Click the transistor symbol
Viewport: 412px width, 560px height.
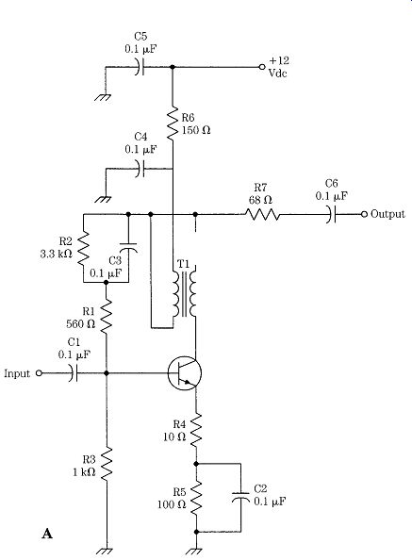(x=185, y=373)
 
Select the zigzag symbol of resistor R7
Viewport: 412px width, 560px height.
(x=262, y=214)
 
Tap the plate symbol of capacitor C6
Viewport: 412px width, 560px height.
(x=331, y=214)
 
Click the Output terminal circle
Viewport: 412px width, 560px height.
(x=364, y=214)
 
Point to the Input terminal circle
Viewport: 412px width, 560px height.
(x=40, y=373)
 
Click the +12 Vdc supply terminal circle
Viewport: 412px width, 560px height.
(x=262, y=67)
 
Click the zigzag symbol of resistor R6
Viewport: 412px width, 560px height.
(x=173, y=123)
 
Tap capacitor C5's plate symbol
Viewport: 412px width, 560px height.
(x=140, y=67)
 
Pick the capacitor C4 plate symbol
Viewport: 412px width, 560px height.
(x=140, y=168)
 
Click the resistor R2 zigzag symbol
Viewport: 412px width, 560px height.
(x=83, y=248)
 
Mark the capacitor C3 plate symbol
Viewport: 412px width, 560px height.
(x=128, y=247)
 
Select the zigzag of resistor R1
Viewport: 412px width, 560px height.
(x=107, y=317)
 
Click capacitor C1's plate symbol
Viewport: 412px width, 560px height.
(x=74, y=373)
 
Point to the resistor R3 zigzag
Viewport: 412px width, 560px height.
(x=107, y=464)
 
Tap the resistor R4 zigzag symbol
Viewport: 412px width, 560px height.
(x=196, y=430)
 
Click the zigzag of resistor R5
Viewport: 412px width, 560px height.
(x=196, y=498)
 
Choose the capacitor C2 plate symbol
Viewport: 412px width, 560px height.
(x=240, y=497)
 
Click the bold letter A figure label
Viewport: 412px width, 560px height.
(x=47, y=534)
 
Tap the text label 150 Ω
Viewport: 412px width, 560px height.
(x=196, y=130)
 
